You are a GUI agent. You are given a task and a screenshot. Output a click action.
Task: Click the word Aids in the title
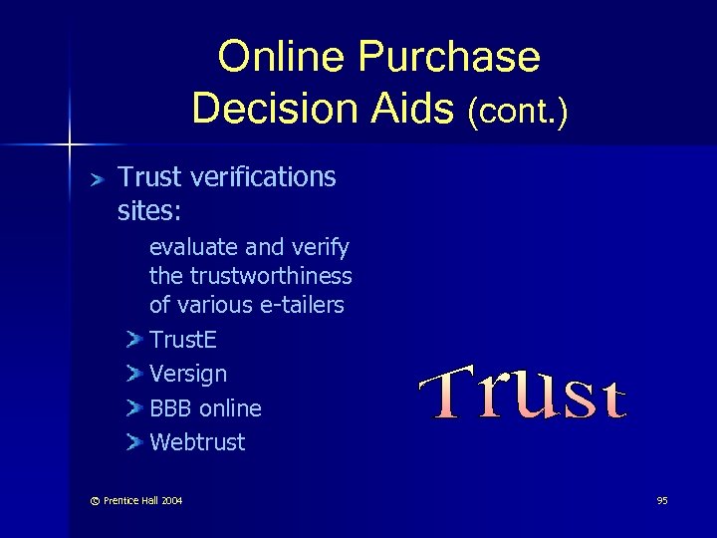[409, 107]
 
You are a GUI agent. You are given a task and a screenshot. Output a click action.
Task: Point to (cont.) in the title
[518, 111]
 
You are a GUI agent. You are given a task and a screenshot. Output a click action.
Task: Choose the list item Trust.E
[183, 340]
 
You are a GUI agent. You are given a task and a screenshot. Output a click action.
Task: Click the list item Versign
[187, 375]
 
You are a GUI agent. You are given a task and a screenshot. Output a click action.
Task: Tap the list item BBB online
[205, 408]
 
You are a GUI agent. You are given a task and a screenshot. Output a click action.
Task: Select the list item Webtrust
[196, 442]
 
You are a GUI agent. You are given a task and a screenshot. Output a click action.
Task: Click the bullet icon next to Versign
[135, 375]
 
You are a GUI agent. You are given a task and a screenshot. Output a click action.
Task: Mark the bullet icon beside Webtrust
[135, 442]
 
